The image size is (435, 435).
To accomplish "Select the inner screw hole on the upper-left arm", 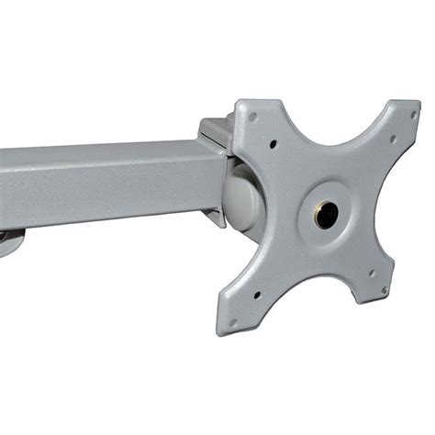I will click(273, 142).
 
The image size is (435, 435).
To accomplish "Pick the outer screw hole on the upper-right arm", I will click(409, 116).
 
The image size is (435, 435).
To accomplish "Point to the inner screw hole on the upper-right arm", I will click(392, 139).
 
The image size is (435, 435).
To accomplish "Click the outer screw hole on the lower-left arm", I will click(233, 321).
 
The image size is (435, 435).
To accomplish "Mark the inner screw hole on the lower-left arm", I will click(257, 296).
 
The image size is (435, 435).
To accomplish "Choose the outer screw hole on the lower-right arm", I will click(384, 291).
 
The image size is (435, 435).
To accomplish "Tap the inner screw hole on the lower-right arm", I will click(371, 273).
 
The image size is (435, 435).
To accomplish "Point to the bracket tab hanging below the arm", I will click(217, 217).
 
